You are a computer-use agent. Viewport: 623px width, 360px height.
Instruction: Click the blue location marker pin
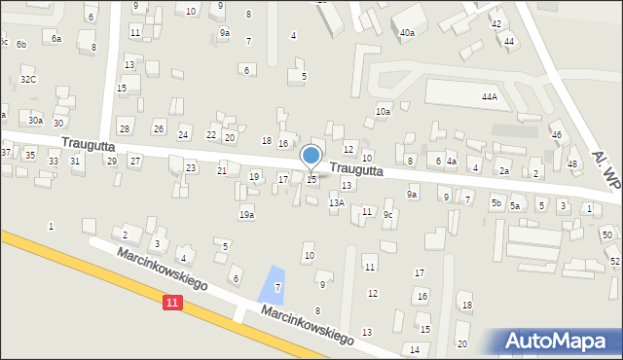click(x=311, y=156)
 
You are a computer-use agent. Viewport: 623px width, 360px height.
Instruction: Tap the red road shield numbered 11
click(x=172, y=304)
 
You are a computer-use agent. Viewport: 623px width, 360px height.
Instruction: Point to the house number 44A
click(x=489, y=97)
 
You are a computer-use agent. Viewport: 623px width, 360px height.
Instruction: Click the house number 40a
click(x=407, y=33)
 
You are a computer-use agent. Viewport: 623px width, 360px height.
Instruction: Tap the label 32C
click(x=28, y=80)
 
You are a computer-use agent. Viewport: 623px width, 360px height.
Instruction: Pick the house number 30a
click(x=35, y=121)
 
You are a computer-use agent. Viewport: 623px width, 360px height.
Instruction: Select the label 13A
click(x=336, y=202)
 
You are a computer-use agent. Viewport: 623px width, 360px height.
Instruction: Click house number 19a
click(x=247, y=214)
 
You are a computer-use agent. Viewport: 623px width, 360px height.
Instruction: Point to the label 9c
click(x=387, y=214)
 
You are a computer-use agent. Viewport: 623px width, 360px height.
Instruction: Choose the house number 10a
click(x=384, y=112)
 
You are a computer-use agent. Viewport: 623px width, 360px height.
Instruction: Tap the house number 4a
click(x=451, y=162)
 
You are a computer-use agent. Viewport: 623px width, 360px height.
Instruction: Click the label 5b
click(x=496, y=203)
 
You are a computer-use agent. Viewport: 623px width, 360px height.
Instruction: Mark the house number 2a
click(x=504, y=171)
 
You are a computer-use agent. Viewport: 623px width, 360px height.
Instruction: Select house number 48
click(x=572, y=163)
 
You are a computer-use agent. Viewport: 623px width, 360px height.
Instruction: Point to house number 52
click(x=614, y=262)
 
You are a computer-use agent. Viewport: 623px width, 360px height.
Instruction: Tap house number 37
click(x=5, y=153)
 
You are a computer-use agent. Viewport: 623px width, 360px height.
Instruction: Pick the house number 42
click(x=496, y=23)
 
